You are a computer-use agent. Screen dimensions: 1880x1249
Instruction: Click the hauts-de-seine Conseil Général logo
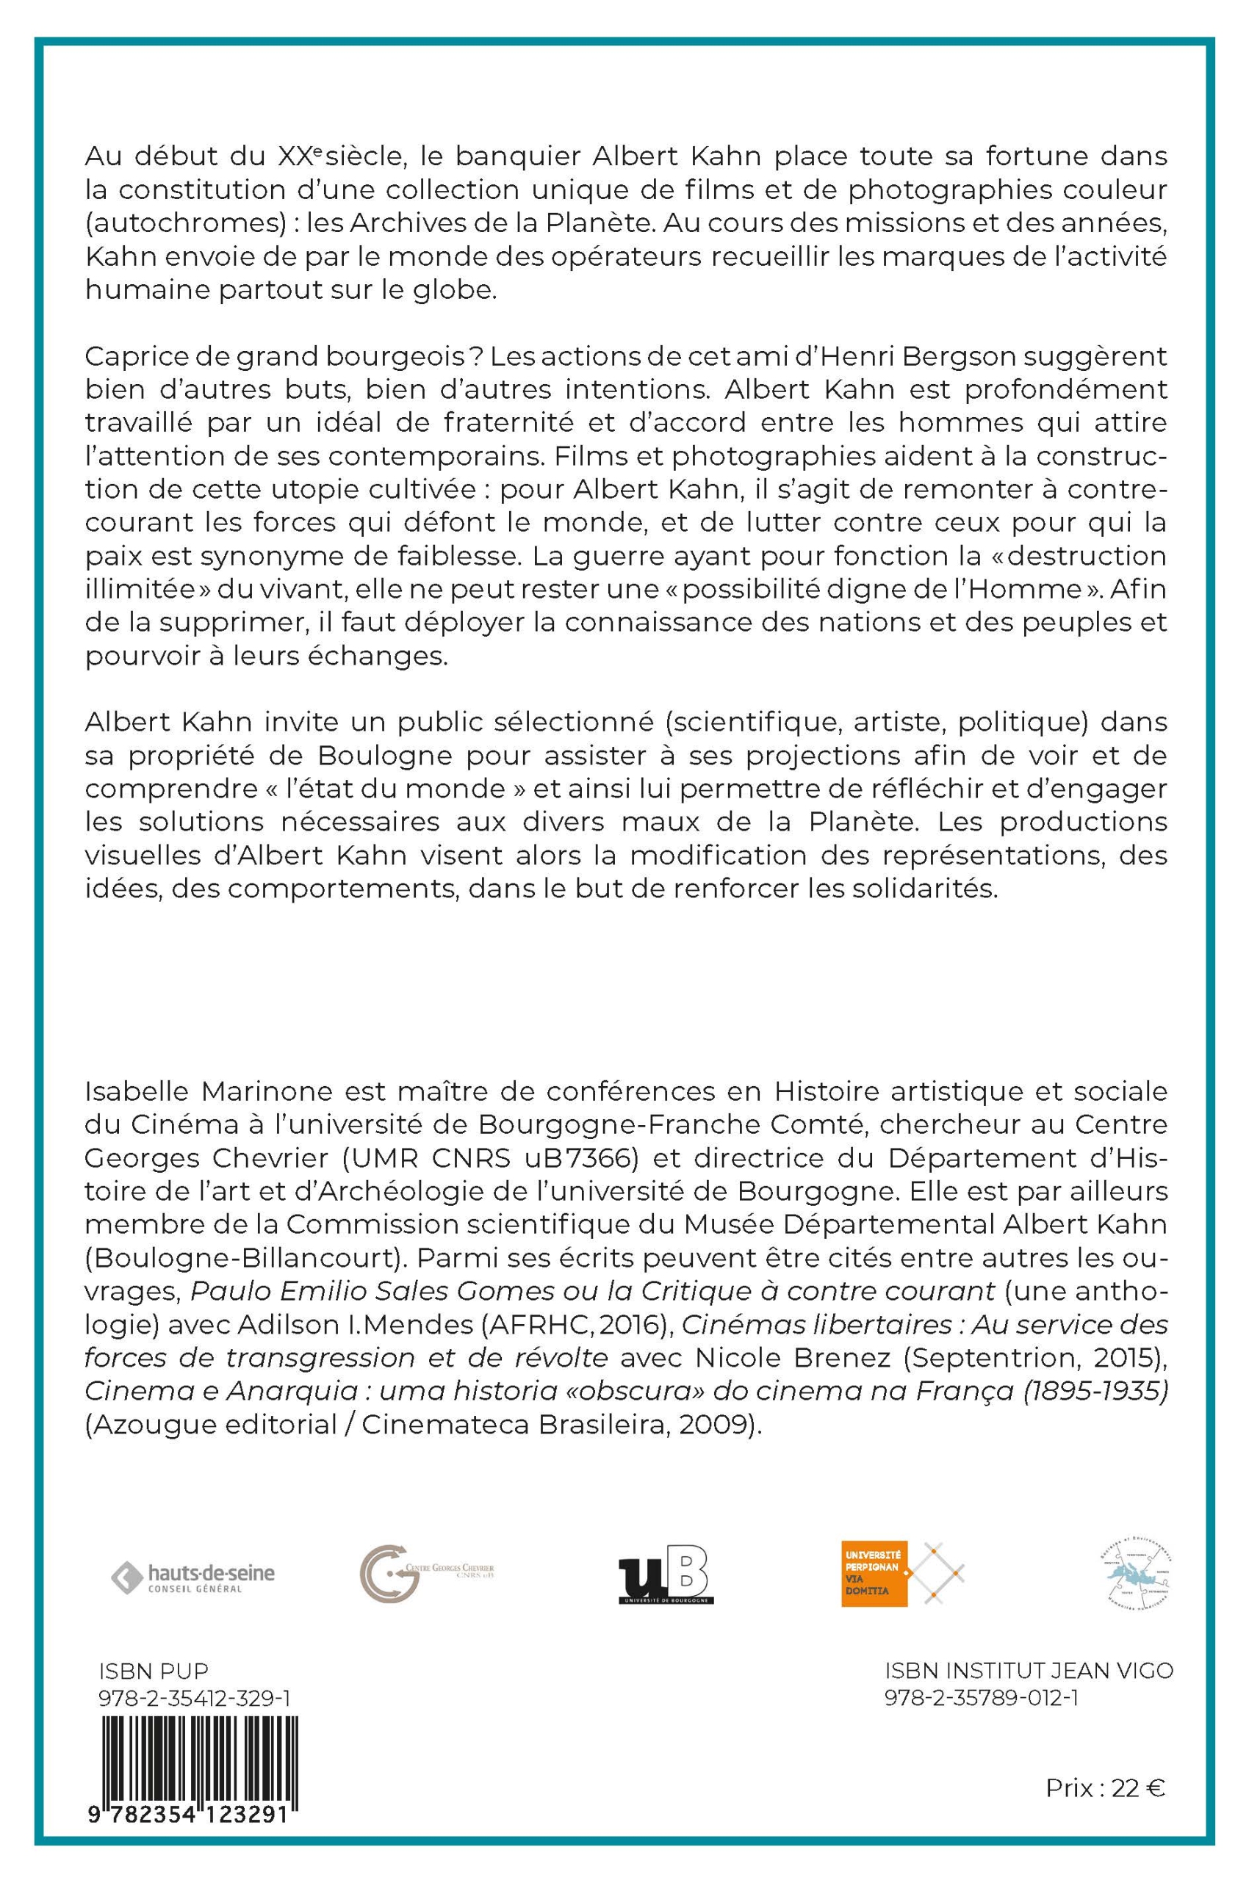point(192,1578)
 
